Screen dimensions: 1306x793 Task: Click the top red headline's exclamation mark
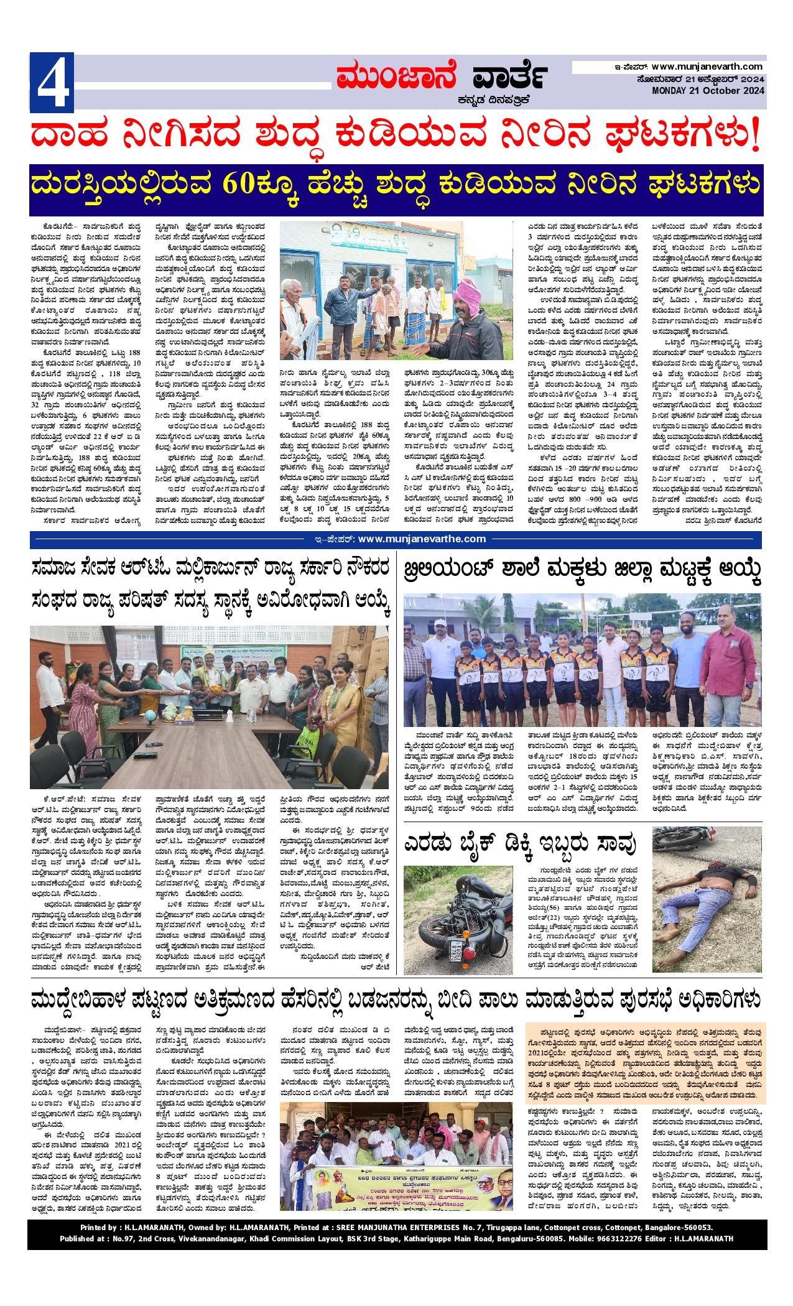(x=755, y=137)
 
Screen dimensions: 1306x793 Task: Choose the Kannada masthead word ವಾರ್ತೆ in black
(x=509, y=78)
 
